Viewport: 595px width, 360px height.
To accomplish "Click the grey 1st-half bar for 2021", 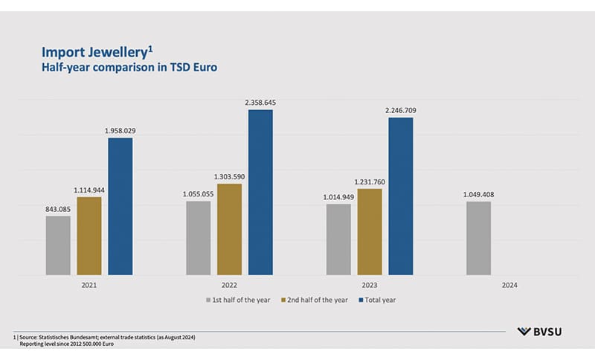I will (58, 245).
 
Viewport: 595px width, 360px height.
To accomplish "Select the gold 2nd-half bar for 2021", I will (89, 236).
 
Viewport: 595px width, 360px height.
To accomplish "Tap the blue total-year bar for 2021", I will (120, 206).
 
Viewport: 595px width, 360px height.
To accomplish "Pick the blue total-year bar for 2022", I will (260, 192).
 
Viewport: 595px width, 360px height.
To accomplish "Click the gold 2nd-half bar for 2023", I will (370, 231).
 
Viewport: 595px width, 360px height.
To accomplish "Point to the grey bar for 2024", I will (478, 238).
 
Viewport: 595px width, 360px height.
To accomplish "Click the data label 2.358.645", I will (260, 102).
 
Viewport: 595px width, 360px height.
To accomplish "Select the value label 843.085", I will (58, 208).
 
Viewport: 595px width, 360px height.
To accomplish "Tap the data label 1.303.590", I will (229, 176).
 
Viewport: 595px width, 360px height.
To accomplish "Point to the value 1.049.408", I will (478, 194).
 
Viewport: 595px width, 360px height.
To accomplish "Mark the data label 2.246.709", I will (400, 110).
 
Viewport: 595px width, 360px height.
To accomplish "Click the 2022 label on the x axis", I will (229, 286).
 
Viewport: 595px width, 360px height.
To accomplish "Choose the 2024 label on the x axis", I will (509, 286).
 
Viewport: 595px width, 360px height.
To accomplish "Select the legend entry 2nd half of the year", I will (315, 300).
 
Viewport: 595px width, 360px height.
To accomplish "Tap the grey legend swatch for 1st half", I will (210, 300).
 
